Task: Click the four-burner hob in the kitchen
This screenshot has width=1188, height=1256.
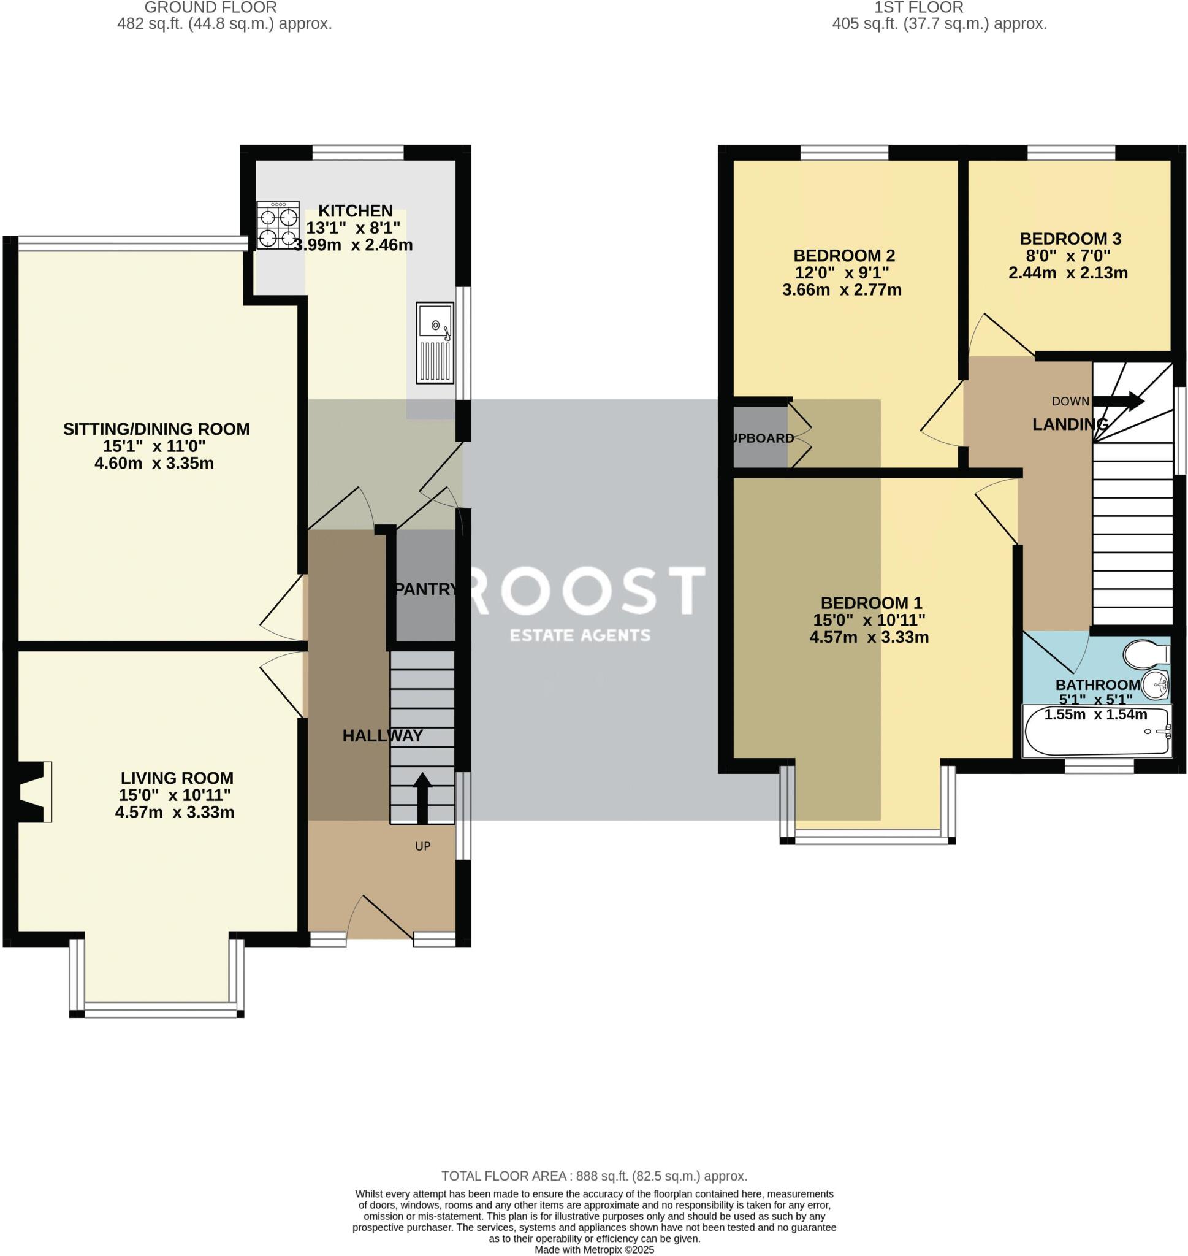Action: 277,225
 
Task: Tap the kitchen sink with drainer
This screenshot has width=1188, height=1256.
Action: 435,343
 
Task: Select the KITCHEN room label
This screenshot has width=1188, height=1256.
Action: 356,211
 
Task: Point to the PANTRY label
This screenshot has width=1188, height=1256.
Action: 425,589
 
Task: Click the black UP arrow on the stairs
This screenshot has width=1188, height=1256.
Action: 422,797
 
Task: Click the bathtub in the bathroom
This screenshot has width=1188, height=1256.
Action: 1097,733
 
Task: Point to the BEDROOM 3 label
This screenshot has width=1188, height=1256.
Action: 1070,239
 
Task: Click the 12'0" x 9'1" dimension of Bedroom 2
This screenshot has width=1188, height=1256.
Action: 842,273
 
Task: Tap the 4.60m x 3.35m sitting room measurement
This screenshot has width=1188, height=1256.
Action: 154,463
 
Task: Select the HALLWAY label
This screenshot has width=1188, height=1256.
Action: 383,735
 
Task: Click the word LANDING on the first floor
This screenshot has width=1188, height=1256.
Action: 1070,424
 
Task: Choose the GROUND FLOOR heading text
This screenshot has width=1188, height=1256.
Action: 210,7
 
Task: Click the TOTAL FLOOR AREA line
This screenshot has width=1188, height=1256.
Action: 594,1176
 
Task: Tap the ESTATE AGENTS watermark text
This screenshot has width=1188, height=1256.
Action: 580,635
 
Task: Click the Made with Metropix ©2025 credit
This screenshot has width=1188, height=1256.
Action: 594,1250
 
